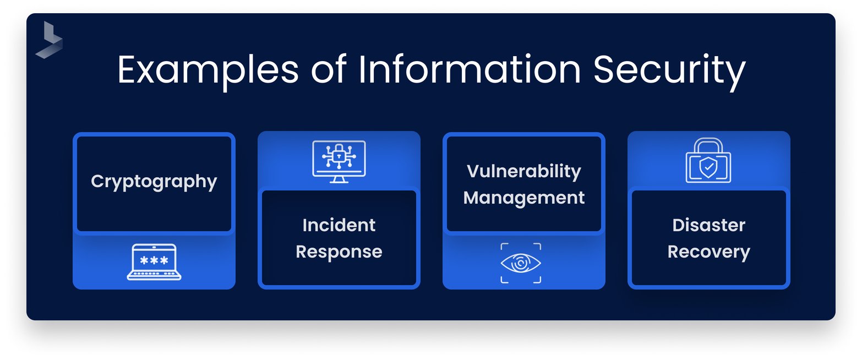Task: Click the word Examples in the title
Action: coord(209,70)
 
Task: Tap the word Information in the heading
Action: coord(470,70)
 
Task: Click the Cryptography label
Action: coord(154,182)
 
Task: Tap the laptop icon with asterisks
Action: coord(154,262)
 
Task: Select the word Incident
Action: coord(339,225)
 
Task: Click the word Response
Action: coord(339,252)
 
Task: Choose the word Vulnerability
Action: coord(524,171)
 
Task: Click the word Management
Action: coord(524,198)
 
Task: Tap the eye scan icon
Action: coord(521,263)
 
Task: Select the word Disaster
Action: coord(709,225)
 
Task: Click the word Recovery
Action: coord(709,252)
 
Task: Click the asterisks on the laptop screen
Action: coord(154,259)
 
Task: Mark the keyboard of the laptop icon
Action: coord(154,274)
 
